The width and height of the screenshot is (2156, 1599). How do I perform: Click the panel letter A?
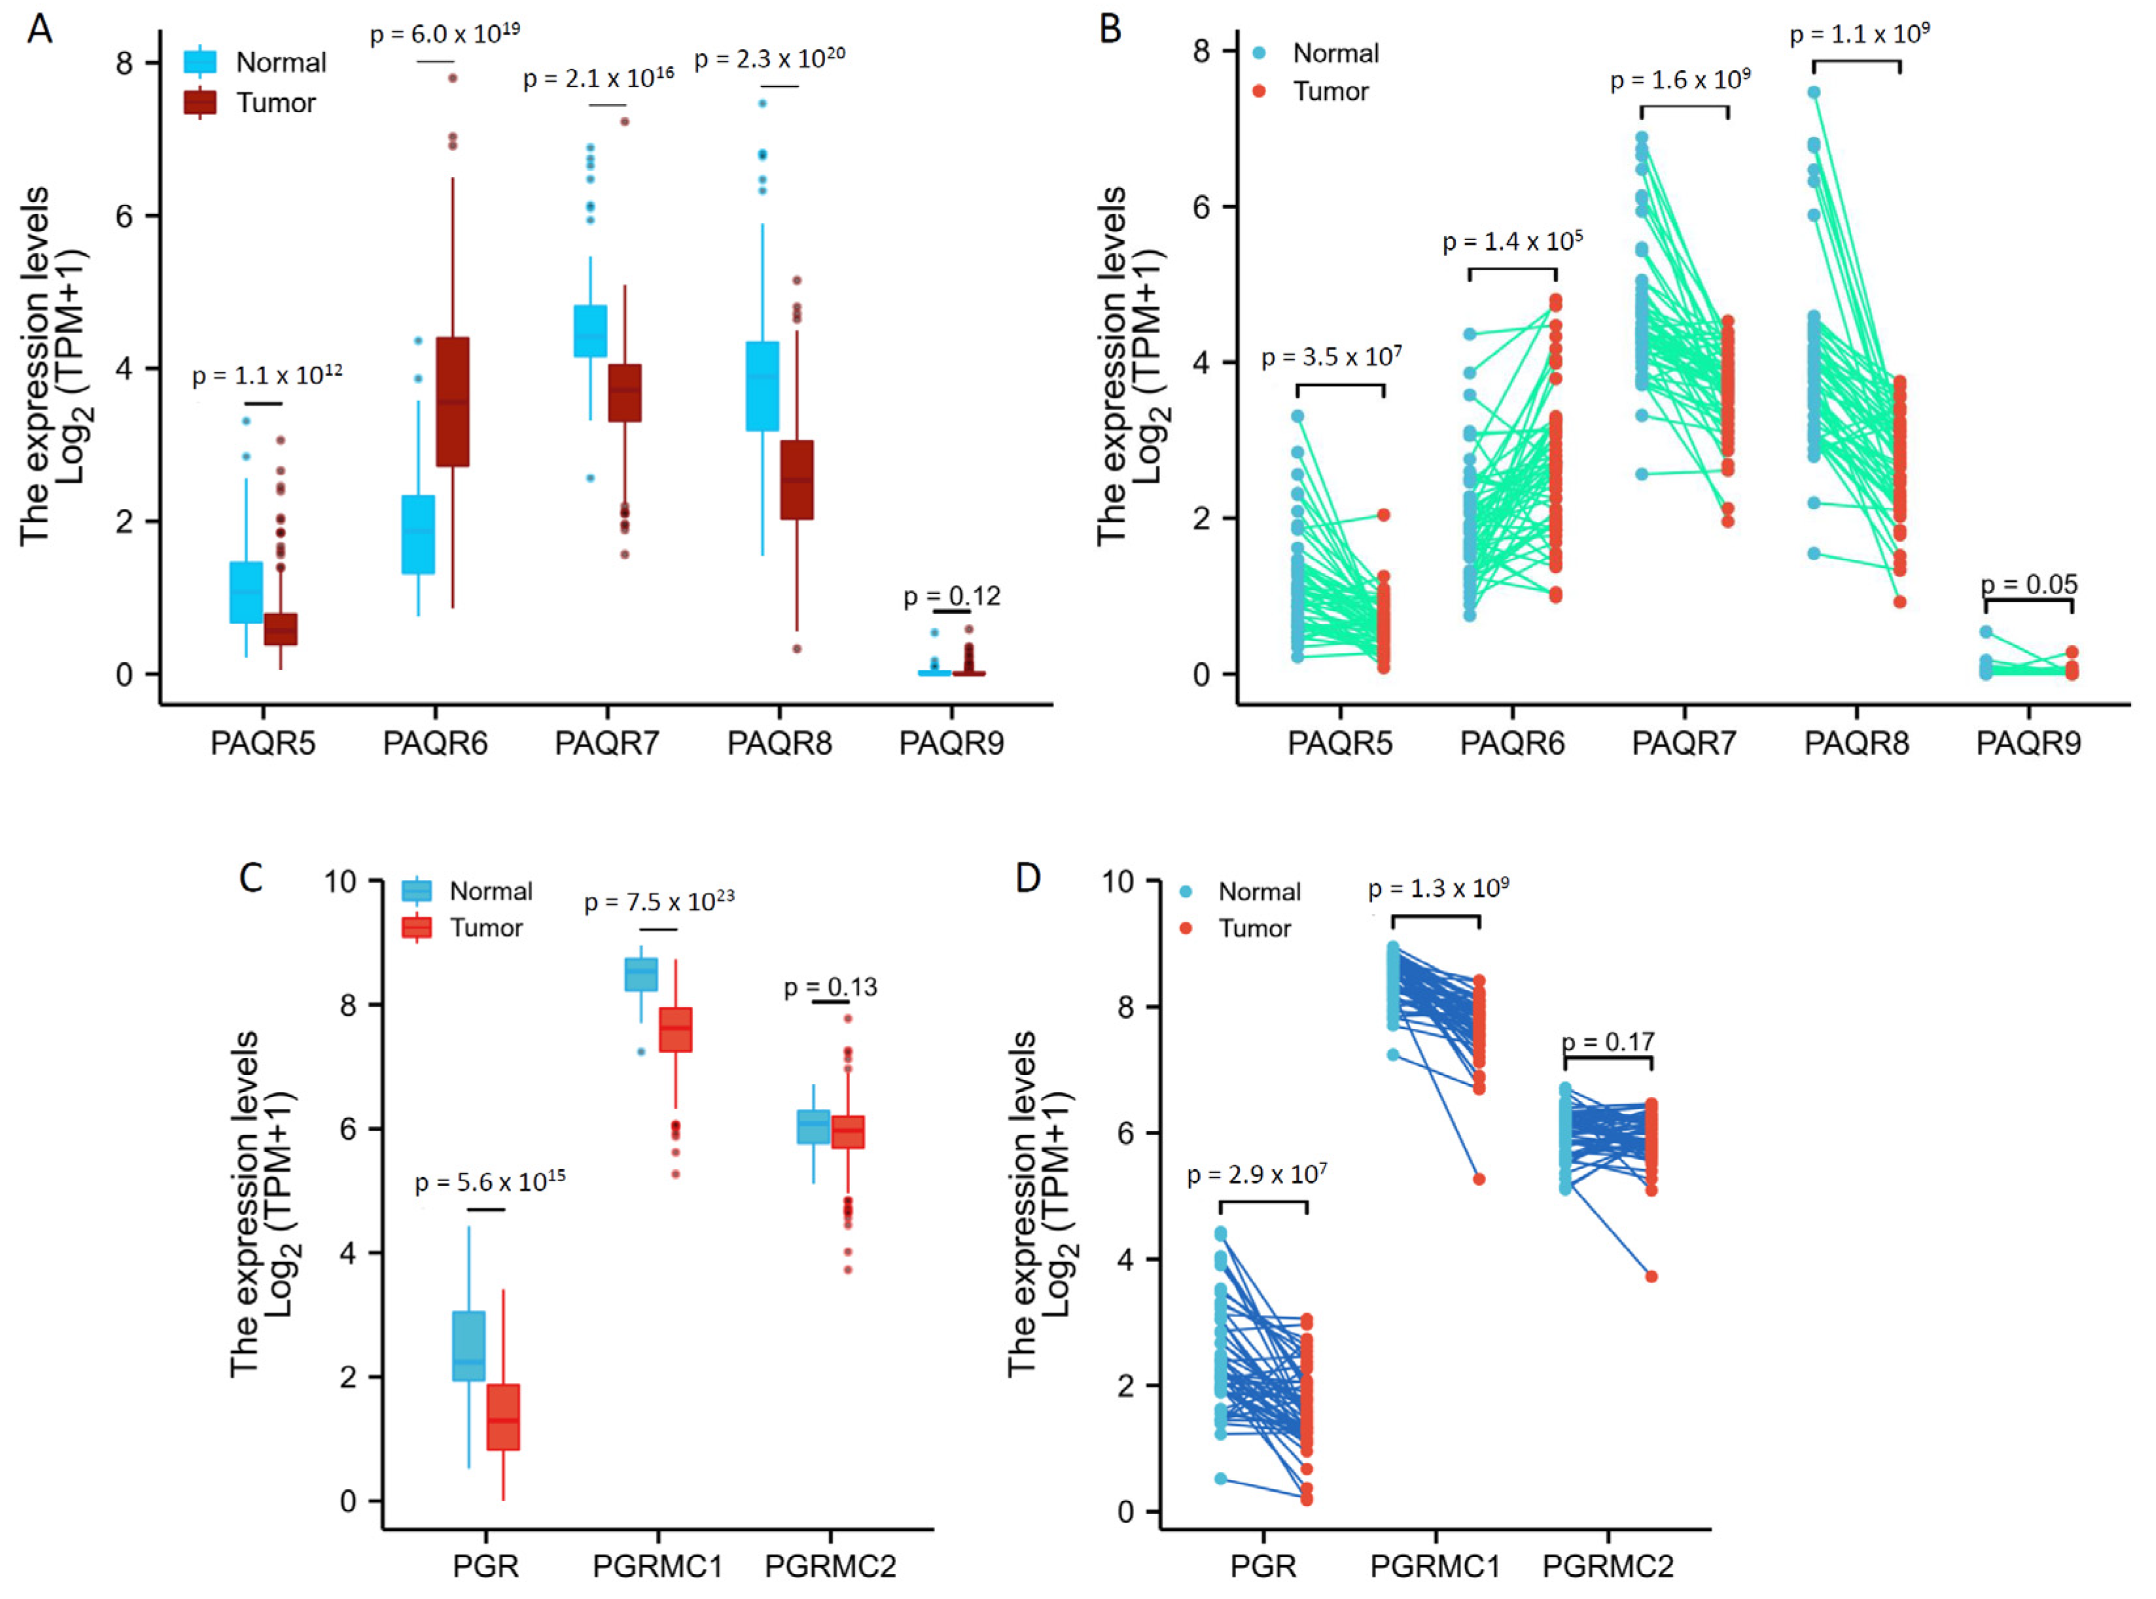click(40, 29)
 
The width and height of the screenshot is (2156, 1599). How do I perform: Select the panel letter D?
click(1027, 878)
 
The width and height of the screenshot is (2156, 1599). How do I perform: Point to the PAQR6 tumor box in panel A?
click(452, 402)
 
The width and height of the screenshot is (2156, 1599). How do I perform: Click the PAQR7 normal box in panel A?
click(591, 331)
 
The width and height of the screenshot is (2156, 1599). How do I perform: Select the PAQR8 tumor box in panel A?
click(797, 480)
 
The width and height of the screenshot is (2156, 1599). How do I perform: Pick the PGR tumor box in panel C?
click(503, 1417)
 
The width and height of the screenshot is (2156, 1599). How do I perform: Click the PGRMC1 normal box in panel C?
click(641, 975)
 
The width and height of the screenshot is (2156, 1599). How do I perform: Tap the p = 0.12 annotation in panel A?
click(951, 596)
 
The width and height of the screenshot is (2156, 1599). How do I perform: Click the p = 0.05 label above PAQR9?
click(2029, 585)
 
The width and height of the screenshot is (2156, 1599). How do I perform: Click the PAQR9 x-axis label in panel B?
click(2028, 743)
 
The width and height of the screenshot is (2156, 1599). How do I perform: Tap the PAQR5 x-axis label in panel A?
click(262, 743)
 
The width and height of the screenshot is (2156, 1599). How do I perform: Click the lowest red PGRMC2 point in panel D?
click(1652, 1276)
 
